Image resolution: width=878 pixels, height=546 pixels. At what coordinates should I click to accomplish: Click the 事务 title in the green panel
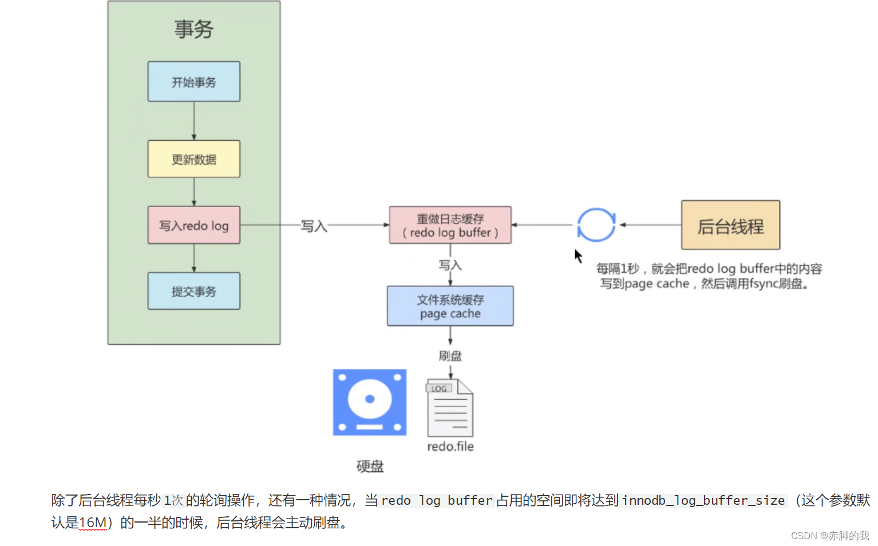tap(193, 29)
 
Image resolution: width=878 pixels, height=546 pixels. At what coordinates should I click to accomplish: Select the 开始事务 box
tap(193, 82)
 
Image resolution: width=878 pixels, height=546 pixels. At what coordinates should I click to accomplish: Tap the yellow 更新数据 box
tap(193, 159)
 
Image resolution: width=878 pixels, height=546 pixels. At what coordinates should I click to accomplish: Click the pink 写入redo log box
tap(193, 225)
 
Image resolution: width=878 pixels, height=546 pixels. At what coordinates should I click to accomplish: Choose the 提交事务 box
tap(193, 291)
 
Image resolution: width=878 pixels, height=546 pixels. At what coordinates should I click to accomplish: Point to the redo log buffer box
tap(450, 225)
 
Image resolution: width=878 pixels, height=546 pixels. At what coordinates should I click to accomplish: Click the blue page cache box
tap(450, 306)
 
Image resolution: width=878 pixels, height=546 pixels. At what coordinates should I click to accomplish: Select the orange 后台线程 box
tap(730, 225)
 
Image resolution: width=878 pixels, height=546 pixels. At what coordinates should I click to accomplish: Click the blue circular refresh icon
tap(596, 225)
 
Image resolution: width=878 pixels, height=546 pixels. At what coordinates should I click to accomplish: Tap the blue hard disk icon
tap(370, 402)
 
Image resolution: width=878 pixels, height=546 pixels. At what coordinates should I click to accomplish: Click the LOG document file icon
tap(450, 408)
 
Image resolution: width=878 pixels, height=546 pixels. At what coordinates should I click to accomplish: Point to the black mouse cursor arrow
tap(578, 256)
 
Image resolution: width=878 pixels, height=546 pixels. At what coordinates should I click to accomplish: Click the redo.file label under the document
tap(450, 447)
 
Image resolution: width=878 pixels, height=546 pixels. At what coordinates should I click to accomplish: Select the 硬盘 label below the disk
tap(370, 467)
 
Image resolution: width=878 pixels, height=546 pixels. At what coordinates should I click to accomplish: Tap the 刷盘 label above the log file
tap(450, 356)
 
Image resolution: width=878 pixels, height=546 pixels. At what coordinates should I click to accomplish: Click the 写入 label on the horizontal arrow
tap(314, 226)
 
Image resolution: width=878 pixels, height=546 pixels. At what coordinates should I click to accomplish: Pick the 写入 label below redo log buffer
tap(450, 265)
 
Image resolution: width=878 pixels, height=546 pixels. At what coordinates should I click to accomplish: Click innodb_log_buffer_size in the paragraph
tap(703, 501)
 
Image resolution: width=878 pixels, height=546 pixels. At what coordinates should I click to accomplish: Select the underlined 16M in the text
tap(93, 523)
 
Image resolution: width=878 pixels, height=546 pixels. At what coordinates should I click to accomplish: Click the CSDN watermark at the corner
tap(829, 536)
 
